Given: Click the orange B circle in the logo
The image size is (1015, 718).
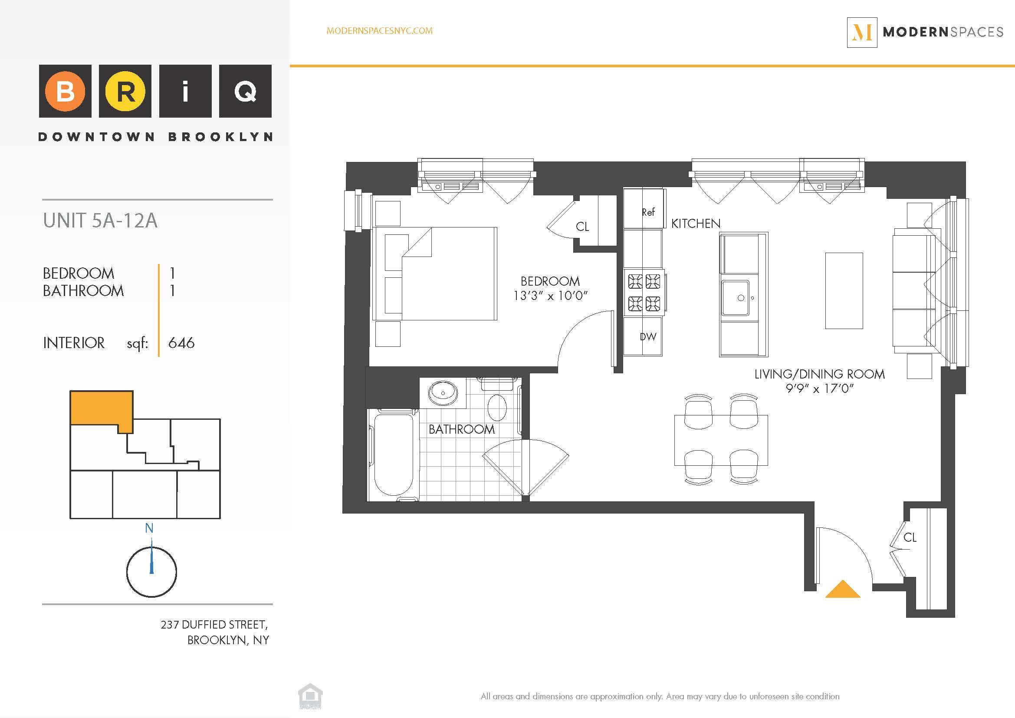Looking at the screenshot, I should (65, 92).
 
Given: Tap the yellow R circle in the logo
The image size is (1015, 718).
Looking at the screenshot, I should (125, 92).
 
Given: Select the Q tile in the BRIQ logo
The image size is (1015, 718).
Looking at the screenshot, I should (245, 92).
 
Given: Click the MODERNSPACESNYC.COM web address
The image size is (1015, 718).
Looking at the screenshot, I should (379, 30).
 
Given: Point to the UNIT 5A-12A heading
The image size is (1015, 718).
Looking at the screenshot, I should (100, 221).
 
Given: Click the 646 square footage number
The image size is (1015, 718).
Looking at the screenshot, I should (181, 343).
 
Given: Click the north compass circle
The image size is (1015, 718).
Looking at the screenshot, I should (151, 572).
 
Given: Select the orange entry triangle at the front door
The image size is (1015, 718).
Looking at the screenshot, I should (843, 590).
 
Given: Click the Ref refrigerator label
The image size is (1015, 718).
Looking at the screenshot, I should (648, 212).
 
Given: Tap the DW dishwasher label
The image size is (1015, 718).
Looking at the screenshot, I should (648, 337).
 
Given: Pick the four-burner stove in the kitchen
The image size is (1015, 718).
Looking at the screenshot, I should (644, 292).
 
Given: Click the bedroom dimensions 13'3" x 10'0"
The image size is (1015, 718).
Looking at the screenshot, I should (550, 295).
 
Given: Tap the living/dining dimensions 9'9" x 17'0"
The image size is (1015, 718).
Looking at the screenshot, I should (819, 389).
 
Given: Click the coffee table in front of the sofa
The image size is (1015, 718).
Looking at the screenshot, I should (844, 290).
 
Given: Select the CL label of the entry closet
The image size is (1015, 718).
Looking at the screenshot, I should (910, 537).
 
